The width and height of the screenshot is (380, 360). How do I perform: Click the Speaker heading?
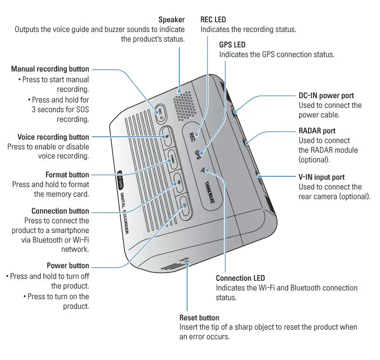(x=171, y=20)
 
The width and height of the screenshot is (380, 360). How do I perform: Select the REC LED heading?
(x=213, y=20)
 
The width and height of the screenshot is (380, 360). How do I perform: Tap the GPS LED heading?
(x=233, y=44)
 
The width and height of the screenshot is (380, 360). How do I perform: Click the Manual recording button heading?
(x=50, y=69)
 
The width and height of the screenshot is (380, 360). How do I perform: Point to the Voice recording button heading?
(x=53, y=137)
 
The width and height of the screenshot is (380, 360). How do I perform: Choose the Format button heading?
(x=67, y=174)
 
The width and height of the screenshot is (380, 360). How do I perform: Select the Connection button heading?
(x=60, y=211)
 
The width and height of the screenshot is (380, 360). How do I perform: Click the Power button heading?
(x=68, y=266)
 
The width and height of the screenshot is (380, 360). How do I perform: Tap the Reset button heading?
(x=199, y=317)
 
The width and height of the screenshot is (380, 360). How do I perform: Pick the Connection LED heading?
(x=240, y=278)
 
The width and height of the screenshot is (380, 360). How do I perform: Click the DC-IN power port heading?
(x=326, y=96)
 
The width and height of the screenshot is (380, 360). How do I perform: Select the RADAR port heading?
(x=317, y=131)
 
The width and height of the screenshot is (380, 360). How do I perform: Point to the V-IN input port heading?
(x=322, y=177)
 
